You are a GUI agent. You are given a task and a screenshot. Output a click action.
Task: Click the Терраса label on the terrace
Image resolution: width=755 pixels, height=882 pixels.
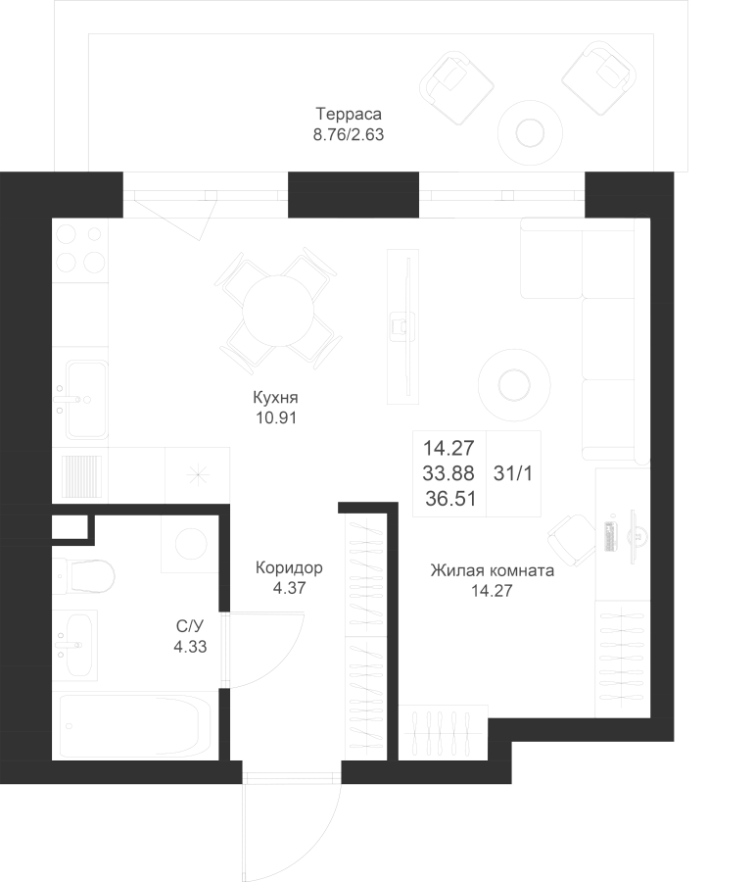[x=348, y=113]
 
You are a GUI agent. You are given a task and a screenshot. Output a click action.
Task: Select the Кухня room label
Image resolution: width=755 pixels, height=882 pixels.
[x=274, y=399]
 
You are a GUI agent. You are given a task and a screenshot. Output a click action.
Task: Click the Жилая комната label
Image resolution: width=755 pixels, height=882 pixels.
[x=493, y=571]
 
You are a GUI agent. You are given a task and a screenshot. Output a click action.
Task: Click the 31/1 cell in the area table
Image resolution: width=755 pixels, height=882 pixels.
[x=513, y=472]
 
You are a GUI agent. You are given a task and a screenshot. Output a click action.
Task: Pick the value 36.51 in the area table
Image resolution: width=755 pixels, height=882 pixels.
[x=449, y=498]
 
